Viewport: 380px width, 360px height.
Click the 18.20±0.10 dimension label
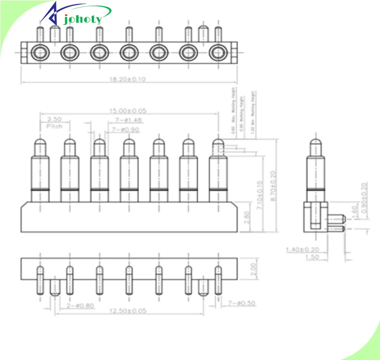pyautogui.click(x=128, y=79)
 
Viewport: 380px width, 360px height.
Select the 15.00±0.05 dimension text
pyautogui.click(x=128, y=111)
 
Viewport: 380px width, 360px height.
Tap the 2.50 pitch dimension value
pyautogui.click(x=54, y=119)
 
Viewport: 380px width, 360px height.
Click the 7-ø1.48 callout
pyautogui.click(x=126, y=120)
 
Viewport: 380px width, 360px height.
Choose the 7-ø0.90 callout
pyautogui.click(x=126, y=129)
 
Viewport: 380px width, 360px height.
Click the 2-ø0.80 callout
pyautogui.click(x=80, y=306)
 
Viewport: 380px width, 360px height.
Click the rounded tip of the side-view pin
pyautogui.click(x=316, y=144)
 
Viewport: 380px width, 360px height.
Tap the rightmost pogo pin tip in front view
pyautogui.click(x=218, y=144)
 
